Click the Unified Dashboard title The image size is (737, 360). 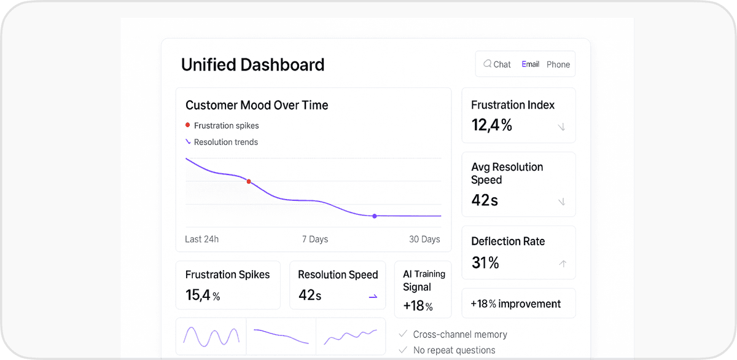click(252, 65)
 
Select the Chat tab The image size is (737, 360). click(497, 64)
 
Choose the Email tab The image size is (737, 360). click(530, 64)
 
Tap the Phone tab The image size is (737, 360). click(558, 64)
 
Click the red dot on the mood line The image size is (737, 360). click(249, 181)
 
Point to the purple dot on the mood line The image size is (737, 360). click(375, 216)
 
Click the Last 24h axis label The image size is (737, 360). click(201, 239)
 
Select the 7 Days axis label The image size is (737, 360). click(315, 239)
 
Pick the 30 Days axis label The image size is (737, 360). click(424, 239)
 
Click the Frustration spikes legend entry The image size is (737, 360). click(226, 125)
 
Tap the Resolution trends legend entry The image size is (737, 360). click(225, 142)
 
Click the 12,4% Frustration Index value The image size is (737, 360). click(491, 125)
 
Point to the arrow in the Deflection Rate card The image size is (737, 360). click(562, 264)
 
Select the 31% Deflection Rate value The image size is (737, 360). click(485, 263)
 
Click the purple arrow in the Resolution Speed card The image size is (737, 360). click(373, 296)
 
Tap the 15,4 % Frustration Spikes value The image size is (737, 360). click(203, 295)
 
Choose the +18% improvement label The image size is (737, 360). click(515, 303)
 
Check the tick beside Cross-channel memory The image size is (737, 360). click(403, 334)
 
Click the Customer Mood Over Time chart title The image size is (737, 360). click(257, 105)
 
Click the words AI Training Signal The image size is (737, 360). click(424, 280)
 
